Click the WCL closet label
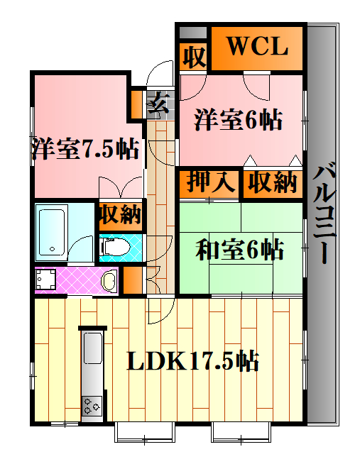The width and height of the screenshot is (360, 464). coord(257,46)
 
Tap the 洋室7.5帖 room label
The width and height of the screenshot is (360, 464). coord(85,148)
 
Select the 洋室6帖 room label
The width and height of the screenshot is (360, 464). coord(238,120)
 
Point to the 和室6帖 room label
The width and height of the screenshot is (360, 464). coord(239,249)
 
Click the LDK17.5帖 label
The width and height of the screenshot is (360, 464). coord(192,360)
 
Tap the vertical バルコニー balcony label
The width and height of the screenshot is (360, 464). coord(324,213)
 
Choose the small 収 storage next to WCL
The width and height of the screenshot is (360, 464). coord(194,56)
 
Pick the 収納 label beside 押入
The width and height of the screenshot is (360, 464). coord(273,182)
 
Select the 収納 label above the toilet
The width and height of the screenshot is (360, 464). coord(121,214)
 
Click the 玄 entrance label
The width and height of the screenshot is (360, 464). coord(158,103)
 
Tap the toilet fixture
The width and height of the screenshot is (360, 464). coord(115,247)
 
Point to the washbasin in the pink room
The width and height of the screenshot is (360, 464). coord(109,281)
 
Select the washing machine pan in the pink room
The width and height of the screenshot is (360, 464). coord(45,280)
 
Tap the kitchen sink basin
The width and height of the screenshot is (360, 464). coord(93,348)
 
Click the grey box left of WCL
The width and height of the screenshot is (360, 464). coord(193,33)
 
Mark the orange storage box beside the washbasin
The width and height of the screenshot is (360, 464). coord(133,280)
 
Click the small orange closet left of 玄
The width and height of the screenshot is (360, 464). coord(137,104)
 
